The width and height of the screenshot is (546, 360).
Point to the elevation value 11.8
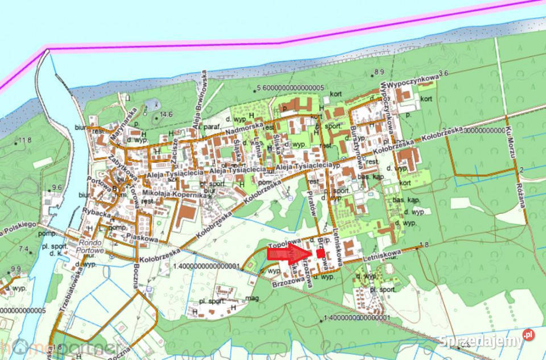tap(24, 140)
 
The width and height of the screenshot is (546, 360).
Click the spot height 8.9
tap(379, 72)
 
